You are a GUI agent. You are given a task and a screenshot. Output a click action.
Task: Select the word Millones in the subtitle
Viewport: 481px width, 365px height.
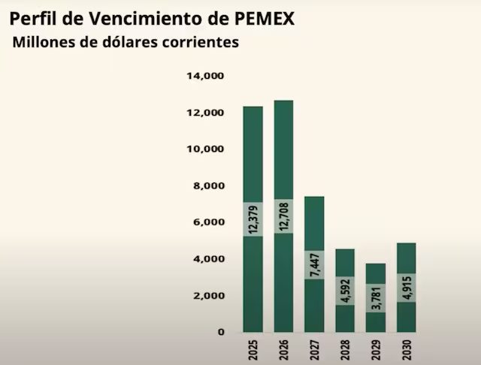pyautogui.click(x=44, y=43)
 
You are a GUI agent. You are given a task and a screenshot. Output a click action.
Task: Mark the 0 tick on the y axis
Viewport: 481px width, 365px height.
pyautogui.click(x=222, y=332)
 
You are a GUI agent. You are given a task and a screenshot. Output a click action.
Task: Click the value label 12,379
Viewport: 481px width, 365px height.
pyautogui.click(x=253, y=219)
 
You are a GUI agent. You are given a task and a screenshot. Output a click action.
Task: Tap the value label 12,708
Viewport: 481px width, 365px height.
pyautogui.click(x=283, y=216)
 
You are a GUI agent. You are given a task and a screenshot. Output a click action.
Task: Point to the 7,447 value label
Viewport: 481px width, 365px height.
pyautogui.click(x=314, y=265)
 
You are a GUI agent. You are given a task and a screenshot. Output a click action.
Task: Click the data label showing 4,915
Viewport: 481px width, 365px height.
pyautogui.click(x=407, y=288)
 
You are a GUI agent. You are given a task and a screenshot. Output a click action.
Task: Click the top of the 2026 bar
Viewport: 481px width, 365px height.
pyautogui.click(x=283, y=101)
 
